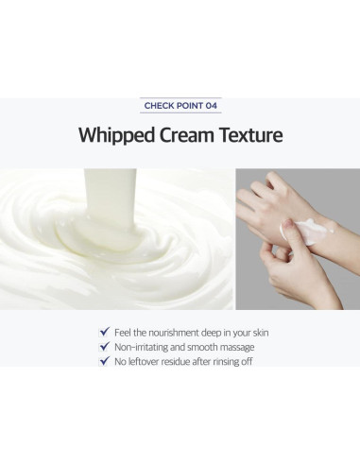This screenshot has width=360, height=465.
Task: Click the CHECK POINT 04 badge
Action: point(180,106)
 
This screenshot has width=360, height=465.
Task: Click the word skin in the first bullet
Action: point(260,332)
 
